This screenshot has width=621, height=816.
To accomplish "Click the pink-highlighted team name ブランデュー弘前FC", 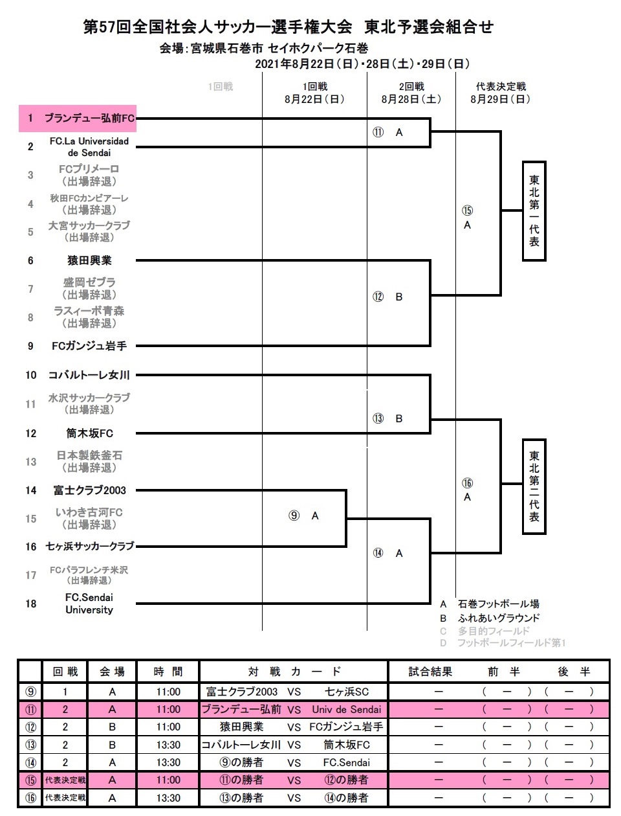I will (x=89, y=118).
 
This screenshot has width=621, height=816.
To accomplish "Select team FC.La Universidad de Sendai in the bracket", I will (x=89, y=147).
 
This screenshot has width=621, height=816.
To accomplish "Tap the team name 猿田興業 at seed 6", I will (x=89, y=260).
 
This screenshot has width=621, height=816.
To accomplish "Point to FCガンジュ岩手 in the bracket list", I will (x=89, y=346).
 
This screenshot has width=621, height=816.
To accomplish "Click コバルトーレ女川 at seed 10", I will (x=89, y=375).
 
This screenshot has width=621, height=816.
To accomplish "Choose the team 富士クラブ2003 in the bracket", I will (x=89, y=490).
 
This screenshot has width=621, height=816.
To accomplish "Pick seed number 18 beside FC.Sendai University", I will (x=30, y=604).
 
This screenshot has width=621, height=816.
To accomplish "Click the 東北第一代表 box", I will (x=534, y=210).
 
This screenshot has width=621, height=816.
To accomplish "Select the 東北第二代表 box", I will (x=534, y=486).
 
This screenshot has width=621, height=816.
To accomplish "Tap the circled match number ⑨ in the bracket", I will (x=294, y=516).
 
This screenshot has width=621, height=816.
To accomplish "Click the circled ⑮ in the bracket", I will (x=467, y=210).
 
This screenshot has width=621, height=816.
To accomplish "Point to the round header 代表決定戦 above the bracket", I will (x=501, y=86).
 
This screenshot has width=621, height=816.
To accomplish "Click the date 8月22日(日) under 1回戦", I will (x=314, y=99).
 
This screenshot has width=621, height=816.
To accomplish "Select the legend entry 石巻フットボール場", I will (x=498, y=604).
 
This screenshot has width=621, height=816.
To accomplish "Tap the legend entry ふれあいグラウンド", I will (x=498, y=618).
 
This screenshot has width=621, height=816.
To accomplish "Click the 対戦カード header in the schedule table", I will (x=294, y=672).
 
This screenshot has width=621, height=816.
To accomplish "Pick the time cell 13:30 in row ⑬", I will (x=168, y=745).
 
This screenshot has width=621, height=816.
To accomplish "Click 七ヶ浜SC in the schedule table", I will (x=347, y=692).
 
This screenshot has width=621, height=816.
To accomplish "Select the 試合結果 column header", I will (x=430, y=672).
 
